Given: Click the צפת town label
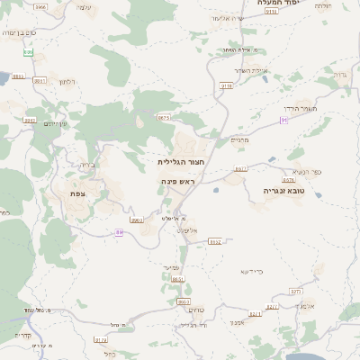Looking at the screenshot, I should [x=77, y=193].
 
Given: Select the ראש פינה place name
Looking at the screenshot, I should [x=179, y=181].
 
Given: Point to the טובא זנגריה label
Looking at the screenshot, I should [x=286, y=191].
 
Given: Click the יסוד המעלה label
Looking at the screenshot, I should [x=278, y=4].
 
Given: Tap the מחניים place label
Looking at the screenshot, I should [x=239, y=139].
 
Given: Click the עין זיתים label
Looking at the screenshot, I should [x=56, y=124].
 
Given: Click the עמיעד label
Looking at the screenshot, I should [x=175, y=267].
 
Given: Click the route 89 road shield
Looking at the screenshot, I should [x=119, y=232].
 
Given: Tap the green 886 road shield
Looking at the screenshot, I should [x=28, y=53].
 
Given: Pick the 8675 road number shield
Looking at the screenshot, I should [x=164, y=117].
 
